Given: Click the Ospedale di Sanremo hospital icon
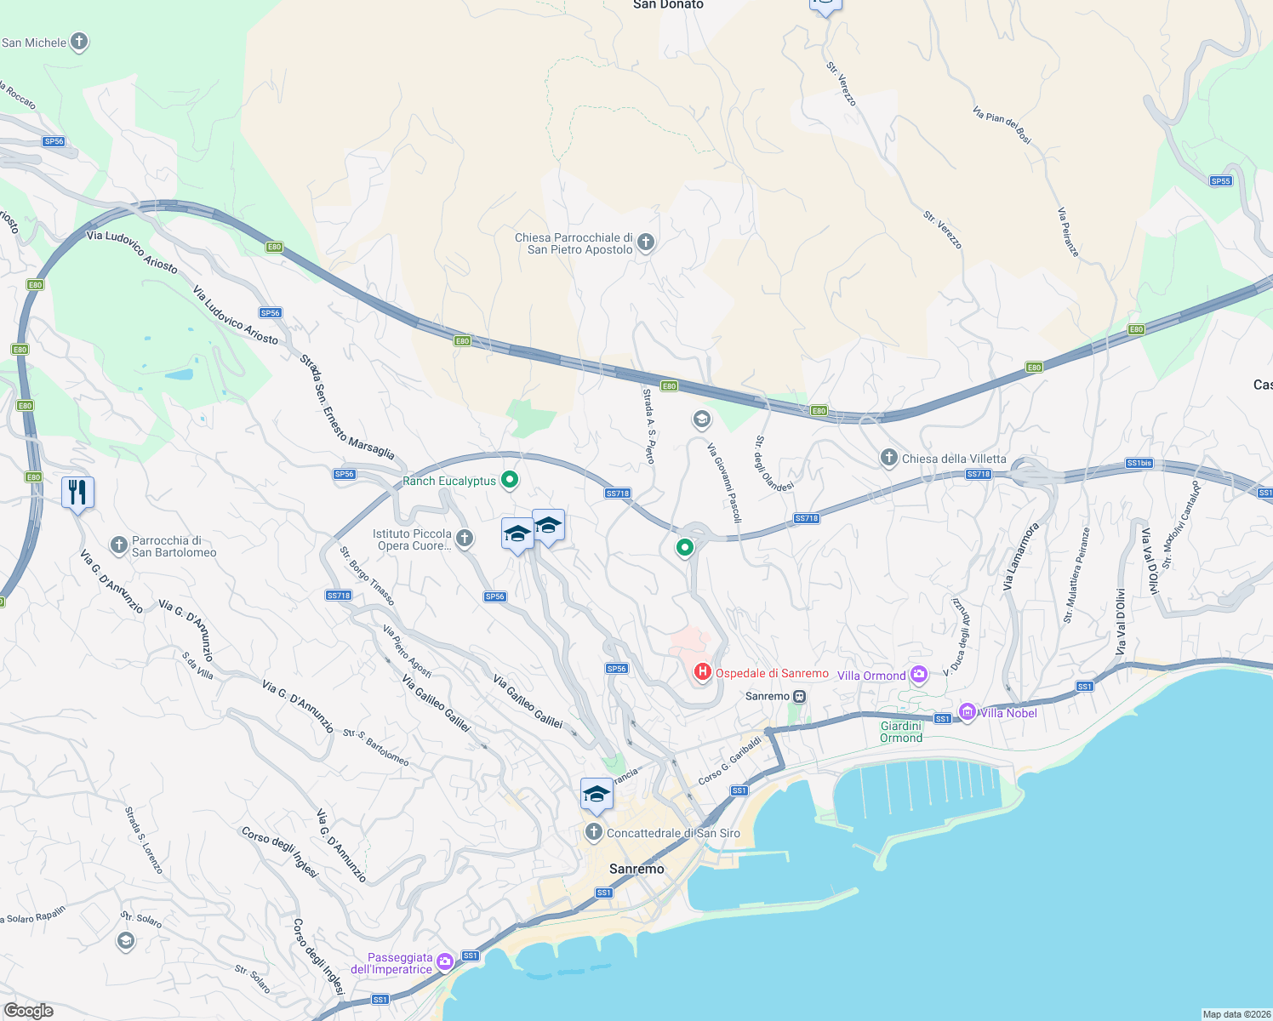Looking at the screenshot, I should [702, 673].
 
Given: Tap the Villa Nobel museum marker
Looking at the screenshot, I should [967, 712].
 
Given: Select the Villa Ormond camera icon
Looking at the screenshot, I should [918, 676].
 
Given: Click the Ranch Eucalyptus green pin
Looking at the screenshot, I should [510, 481].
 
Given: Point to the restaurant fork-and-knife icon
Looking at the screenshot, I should [77, 492].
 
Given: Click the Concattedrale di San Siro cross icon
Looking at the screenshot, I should [594, 832].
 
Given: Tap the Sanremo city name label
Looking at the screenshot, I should [636, 869].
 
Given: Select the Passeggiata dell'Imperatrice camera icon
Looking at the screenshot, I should [445, 962].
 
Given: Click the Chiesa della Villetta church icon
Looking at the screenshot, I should [888, 459].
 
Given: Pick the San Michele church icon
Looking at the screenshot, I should [79, 42].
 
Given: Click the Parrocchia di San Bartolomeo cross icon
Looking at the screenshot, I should [119, 545].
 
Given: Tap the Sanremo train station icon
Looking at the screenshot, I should [799, 696].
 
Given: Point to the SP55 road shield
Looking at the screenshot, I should [1220, 181].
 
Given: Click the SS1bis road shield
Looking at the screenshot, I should [1139, 464].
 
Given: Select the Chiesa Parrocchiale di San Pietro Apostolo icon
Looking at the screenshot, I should [646, 243].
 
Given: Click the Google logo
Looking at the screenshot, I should [29, 1010].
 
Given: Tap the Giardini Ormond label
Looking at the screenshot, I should [901, 732].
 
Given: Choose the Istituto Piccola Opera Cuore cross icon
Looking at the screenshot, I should [465, 538].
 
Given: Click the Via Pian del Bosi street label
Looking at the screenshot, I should [1002, 125].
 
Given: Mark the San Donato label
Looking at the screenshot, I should [668, 5].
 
